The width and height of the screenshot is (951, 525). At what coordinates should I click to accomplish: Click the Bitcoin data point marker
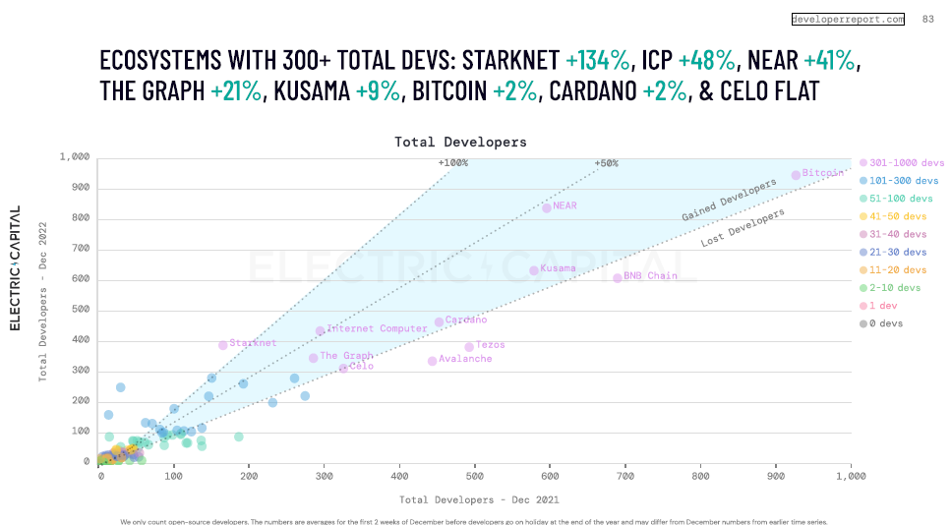point(796,176)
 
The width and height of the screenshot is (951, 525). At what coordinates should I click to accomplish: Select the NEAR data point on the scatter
point(547,207)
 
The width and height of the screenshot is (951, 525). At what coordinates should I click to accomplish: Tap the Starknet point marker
point(222,345)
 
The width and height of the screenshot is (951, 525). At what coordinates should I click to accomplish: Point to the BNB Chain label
point(650,276)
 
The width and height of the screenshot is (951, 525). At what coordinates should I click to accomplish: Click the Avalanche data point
point(432,361)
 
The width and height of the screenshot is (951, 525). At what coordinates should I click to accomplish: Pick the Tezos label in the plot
point(490,345)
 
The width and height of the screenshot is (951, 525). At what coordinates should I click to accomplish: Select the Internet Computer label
point(377,328)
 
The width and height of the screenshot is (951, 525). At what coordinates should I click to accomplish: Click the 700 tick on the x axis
point(700,475)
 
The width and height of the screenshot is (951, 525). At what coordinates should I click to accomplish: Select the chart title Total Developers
point(460,143)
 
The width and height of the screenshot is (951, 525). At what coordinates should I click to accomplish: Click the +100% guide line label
point(453,163)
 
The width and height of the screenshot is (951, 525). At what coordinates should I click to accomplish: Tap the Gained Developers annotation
point(722,202)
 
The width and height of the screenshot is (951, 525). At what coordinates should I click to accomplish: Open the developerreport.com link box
point(848,19)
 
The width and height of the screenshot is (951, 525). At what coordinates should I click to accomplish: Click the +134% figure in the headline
point(598,60)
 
